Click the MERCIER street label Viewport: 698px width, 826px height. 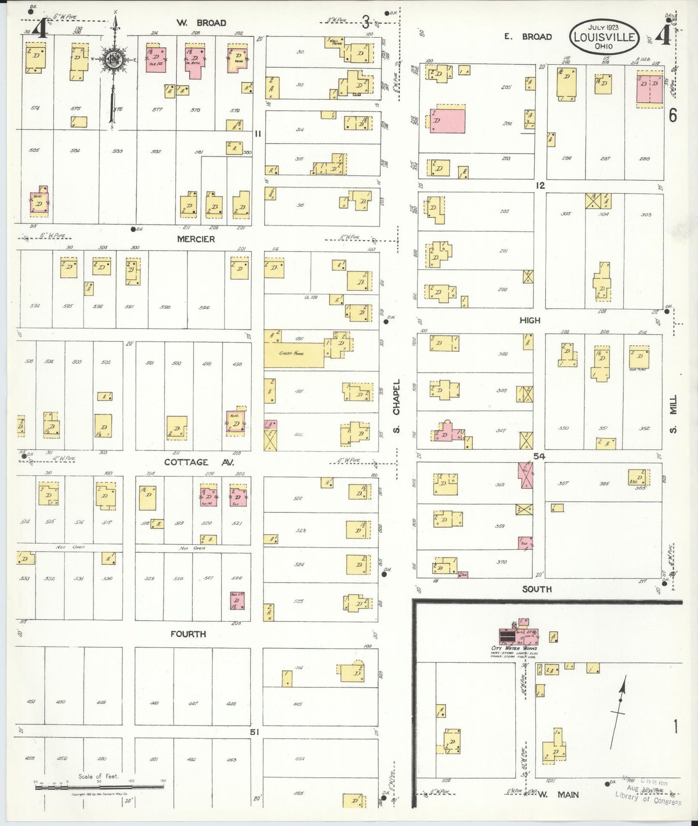pos(196,239)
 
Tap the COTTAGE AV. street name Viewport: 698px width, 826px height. pos(199,462)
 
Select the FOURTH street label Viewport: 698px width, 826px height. pos(188,634)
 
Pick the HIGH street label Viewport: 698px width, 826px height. pos(529,320)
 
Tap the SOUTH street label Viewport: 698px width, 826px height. pos(537,589)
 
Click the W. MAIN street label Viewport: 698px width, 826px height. pos(557,794)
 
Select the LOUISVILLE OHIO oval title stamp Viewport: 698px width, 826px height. pos(604,37)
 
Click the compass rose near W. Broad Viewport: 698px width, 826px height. pos(114,59)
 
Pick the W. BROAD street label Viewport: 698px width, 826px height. pos(201,23)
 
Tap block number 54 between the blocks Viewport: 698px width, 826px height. pos(539,456)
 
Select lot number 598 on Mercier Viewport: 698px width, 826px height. pos(165,307)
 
